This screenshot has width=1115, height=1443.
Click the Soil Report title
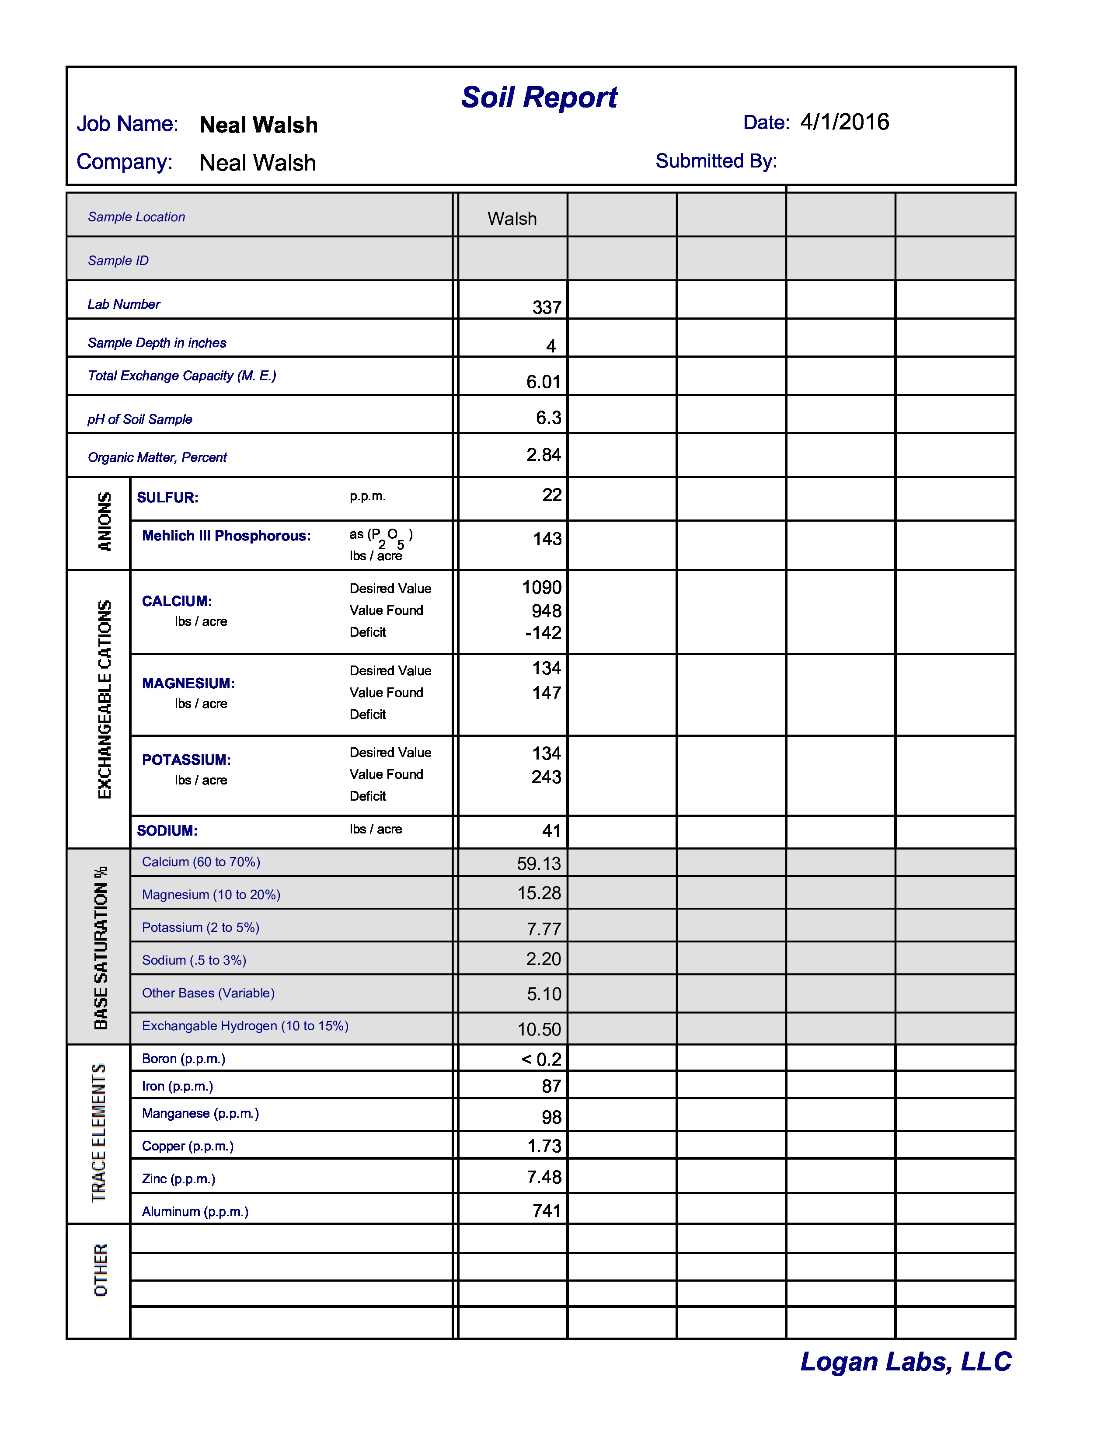539,98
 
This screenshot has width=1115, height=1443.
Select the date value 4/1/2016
844,122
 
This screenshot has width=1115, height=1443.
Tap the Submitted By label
716,161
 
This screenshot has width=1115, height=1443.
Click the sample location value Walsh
512,219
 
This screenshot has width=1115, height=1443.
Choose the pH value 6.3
548,418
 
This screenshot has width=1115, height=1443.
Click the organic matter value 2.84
543,455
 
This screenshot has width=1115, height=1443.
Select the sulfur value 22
551,495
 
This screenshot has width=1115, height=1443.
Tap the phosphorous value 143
547,538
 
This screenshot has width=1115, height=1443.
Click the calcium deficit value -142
543,632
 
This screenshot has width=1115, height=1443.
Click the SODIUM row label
167,830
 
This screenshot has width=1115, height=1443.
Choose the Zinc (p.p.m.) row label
178,1179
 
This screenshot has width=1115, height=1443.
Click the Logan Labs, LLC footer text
905,1362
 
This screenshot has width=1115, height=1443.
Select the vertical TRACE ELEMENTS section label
99,1133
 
